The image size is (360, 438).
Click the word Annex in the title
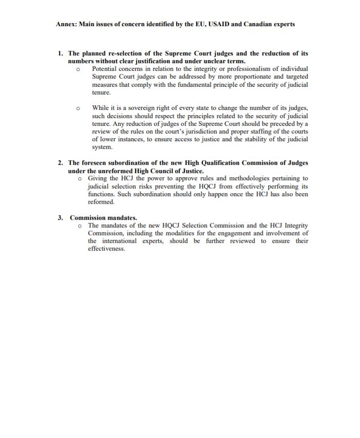point(66,24)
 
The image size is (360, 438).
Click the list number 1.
point(60,53)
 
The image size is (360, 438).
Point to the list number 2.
point(60,163)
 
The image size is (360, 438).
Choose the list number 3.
point(60,218)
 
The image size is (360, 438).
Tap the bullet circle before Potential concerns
point(78,69)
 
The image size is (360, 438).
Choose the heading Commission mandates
point(103,218)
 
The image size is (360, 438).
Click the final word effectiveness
point(106,249)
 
